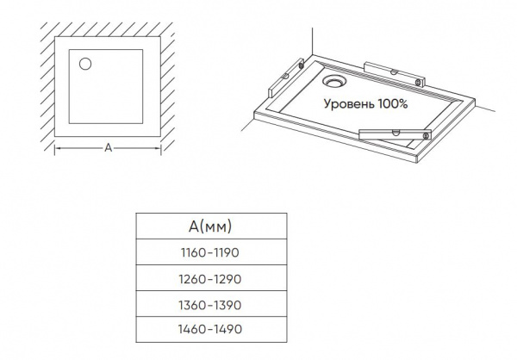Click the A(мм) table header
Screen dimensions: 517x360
pyautogui.click(x=211, y=227)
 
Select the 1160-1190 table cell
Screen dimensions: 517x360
pyautogui.click(x=211, y=252)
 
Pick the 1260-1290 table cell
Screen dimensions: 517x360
pyautogui.click(x=211, y=278)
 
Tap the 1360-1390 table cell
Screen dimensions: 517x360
pyautogui.click(x=211, y=305)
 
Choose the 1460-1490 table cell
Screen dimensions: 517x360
pyautogui.click(x=211, y=329)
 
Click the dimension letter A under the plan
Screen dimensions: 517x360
pyautogui.click(x=109, y=148)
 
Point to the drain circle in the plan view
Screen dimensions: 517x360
pyautogui.click(x=85, y=64)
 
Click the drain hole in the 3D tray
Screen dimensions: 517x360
pyautogui.click(x=332, y=81)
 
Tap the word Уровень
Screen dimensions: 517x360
pyautogui.click(x=349, y=104)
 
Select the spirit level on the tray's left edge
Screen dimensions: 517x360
pyautogui.click(x=286, y=78)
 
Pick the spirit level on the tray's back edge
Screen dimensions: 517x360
pyautogui.click(x=395, y=75)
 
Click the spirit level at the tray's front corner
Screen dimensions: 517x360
pyautogui.click(x=395, y=134)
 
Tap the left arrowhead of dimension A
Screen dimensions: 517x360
pyautogui.click(x=57, y=148)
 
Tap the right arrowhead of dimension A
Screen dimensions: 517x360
pyautogui.click(x=159, y=148)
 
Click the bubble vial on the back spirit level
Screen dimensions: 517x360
pyautogui.click(x=393, y=71)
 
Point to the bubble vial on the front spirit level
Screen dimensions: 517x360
pyautogui.click(x=396, y=133)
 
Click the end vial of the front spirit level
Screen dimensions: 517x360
pyautogui.click(x=427, y=135)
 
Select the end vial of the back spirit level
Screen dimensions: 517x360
pyautogui.click(x=419, y=82)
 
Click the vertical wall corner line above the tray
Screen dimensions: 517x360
pyautogui.click(x=312, y=41)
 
